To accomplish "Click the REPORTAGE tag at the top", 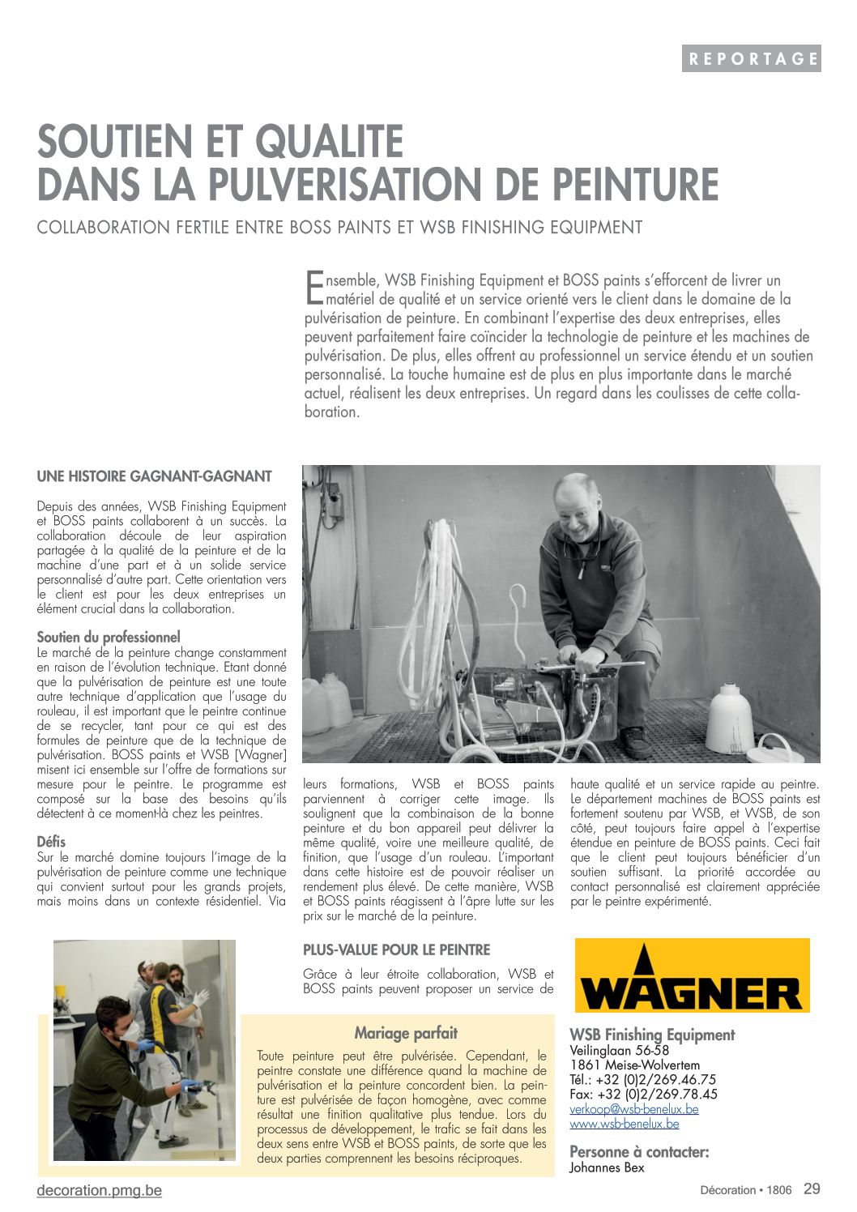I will pos(751,58).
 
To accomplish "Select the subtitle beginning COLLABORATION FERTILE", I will pos(339,228).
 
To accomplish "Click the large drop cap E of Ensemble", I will pos(313,288).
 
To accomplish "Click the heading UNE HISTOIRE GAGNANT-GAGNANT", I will pos(154,476).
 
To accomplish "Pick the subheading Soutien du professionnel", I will pos(109,638).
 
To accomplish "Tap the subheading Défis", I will pos(51,842).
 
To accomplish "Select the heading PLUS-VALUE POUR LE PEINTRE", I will pos(396,950).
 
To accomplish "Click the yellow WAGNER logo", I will pos(692,975).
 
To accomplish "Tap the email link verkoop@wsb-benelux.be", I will pos(633,1109).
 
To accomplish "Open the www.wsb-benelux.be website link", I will pos(624,1124).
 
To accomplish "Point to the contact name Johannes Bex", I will pos(607,1167).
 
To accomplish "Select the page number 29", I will pos(812,1189).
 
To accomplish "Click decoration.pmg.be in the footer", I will pos(99,1190).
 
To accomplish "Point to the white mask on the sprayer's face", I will pos(127,1031).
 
